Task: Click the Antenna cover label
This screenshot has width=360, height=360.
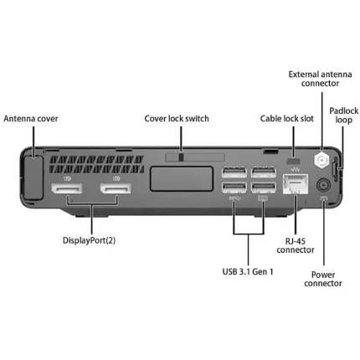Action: (31, 119)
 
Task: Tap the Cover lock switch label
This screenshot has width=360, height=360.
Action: (177, 119)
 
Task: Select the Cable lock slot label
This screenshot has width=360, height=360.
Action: (287, 119)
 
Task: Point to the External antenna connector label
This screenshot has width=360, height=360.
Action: (320, 79)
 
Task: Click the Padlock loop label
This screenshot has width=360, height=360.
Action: (344, 116)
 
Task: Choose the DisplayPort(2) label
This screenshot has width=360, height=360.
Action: (89, 240)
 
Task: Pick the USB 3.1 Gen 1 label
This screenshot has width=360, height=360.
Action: (248, 271)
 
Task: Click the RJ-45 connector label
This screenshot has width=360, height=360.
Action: (296, 245)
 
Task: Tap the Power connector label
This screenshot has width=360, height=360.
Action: (323, 279)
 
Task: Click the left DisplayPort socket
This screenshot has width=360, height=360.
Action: (66, 188)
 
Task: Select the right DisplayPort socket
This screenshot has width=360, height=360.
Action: (116, 188)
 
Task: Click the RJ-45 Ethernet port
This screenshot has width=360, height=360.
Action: (296, 183)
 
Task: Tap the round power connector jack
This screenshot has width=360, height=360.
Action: (323, 185)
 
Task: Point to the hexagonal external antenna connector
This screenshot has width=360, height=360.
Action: (321, 160)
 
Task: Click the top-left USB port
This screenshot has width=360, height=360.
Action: (234, 172)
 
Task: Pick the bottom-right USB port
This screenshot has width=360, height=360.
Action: (264, 188)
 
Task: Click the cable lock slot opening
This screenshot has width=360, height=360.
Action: (293, 162)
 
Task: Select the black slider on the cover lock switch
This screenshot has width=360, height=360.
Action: (181, 157)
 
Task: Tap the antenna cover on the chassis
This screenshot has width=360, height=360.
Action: (33, 177)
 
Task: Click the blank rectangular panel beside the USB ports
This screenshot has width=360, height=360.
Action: (182, 179)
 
